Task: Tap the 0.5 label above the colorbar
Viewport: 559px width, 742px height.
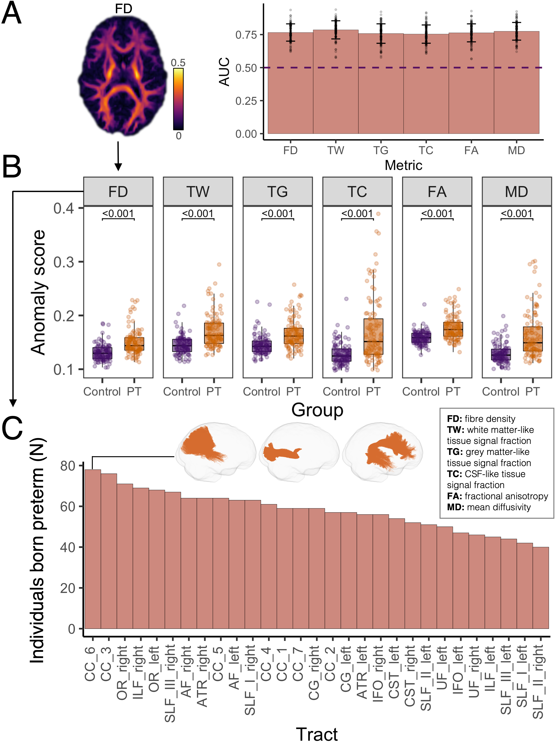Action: [x=178, y=63]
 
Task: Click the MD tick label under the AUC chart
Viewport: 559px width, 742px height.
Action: [x=516, y=150]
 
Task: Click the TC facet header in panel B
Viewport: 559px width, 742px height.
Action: [x=357, y=191]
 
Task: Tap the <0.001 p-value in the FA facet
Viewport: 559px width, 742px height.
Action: [x=437, y=214]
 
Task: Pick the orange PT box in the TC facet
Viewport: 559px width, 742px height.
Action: [x=373, y=337]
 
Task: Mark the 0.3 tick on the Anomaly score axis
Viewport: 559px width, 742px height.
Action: [x=64, y=262]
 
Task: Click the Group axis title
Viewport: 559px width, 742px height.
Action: [x=317, y=410]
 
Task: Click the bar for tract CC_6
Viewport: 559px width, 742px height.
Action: [x=93, y=550]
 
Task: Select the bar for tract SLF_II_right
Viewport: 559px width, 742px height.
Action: [x=541, y=589]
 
